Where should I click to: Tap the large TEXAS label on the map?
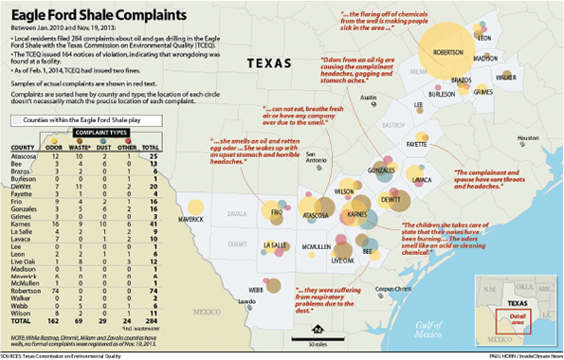point(273,63)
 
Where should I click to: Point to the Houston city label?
point(515,138)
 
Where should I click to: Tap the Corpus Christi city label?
point(391,289)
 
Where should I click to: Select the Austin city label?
point(369,98)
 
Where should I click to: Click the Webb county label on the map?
point(256,288)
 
